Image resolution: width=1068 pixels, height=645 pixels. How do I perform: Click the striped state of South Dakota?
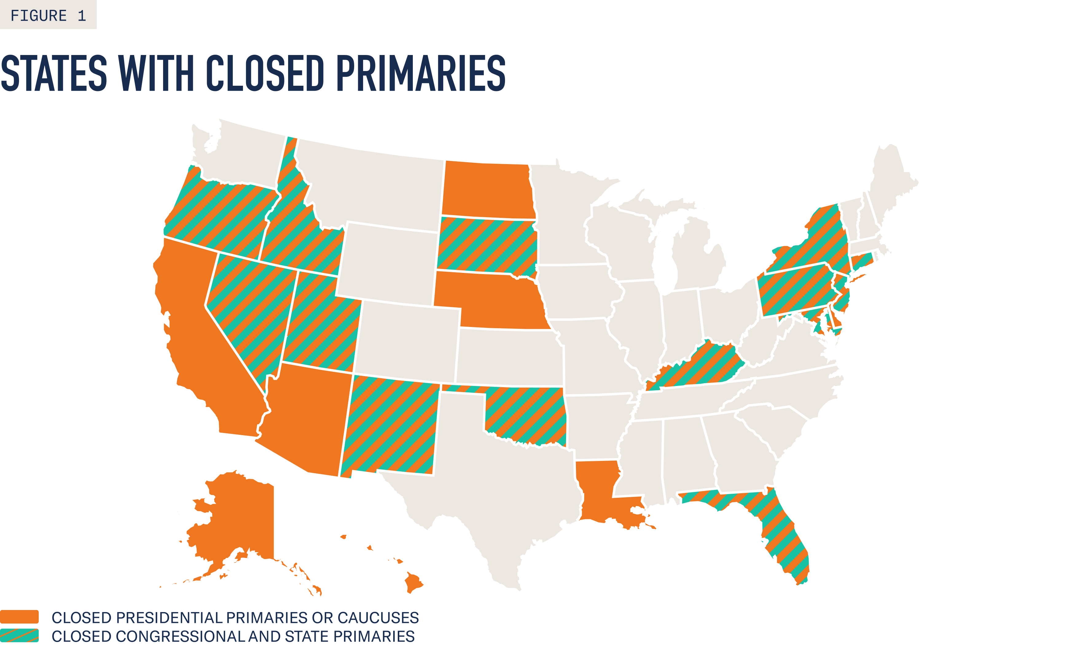[x=485, y=245]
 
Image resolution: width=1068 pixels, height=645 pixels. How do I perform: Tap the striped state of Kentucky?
[x=698, y=364]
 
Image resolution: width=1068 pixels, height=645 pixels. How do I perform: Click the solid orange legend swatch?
[x=20, y=617]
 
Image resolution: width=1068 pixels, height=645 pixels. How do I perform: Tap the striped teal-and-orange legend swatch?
[x=20, y=635]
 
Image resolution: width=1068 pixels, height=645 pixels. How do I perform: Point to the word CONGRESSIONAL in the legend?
[x=180, y=636]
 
